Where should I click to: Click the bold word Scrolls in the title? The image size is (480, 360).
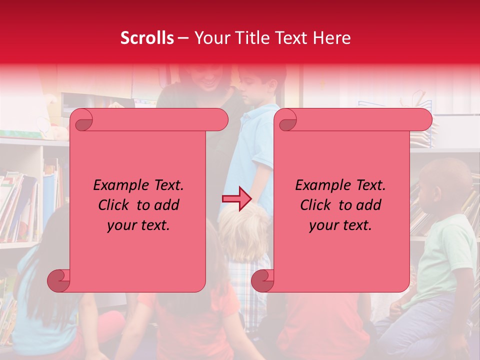tap(147, 38)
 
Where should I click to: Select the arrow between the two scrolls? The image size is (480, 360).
tap(236, 198)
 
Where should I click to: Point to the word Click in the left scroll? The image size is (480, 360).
tap(115, 205)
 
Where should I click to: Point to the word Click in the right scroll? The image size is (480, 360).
tap(317, 205)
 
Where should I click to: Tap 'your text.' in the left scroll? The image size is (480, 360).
tap(138, 225)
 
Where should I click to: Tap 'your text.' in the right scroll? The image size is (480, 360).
tap(340, 225)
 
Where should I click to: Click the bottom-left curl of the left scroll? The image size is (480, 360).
tap(59, 280)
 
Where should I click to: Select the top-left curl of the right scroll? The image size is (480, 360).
tap(286, 120)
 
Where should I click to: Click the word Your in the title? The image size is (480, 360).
tap(210, 38)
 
